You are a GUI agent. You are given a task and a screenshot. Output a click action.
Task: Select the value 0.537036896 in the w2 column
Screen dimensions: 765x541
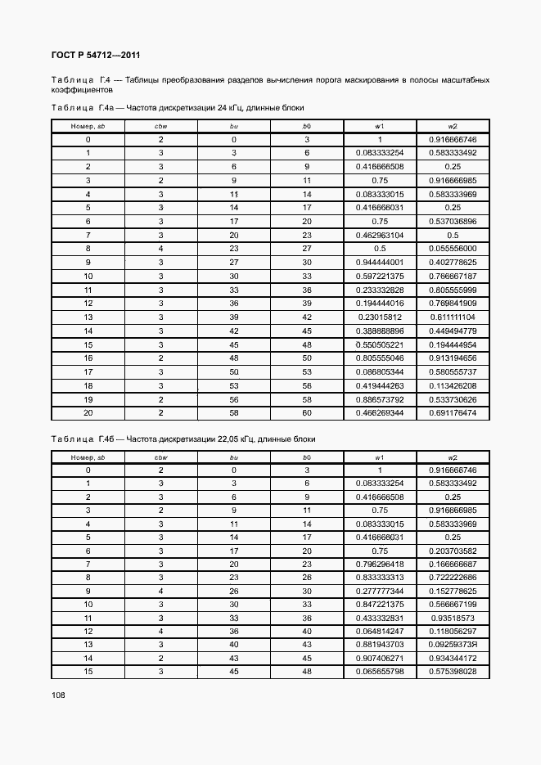453,221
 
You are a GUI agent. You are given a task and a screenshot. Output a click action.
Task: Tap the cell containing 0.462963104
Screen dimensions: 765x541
380,235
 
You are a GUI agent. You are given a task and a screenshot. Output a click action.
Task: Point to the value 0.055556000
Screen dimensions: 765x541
453,248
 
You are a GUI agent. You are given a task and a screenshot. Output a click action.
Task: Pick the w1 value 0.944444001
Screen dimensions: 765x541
380,262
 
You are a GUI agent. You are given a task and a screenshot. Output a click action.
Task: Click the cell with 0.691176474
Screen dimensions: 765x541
453,414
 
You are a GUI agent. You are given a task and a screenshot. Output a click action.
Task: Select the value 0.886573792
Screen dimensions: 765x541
380,399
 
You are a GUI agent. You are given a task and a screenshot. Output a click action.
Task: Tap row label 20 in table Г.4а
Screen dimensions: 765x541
88,414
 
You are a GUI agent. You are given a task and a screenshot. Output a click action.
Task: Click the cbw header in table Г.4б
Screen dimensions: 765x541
161,457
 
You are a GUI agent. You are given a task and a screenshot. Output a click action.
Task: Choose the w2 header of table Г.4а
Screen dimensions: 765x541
453,125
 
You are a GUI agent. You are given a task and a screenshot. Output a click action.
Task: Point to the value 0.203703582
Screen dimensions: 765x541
453,551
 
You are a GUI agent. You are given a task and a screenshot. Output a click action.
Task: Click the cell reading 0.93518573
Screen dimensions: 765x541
453,618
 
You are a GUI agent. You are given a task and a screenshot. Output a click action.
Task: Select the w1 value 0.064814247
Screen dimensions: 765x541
380,631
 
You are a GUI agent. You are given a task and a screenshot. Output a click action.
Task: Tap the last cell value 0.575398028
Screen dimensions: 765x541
453,671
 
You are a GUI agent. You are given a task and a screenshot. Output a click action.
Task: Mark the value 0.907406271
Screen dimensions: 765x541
380,658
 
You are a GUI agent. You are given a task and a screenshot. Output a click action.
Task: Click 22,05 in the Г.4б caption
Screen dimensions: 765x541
217,439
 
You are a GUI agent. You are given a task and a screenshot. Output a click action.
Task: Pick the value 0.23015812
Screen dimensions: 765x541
380,317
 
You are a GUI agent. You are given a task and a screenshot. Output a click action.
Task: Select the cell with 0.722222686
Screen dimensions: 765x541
453,578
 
